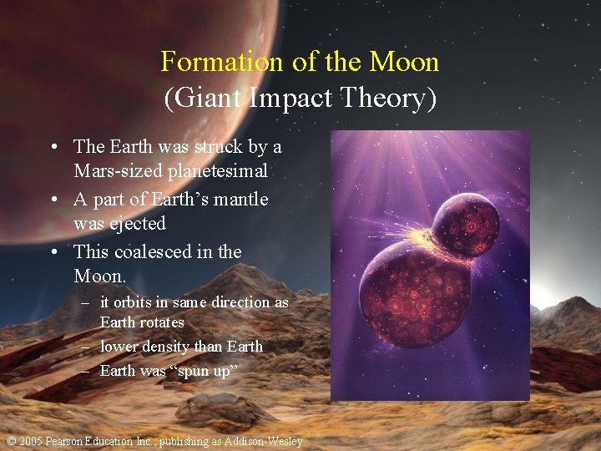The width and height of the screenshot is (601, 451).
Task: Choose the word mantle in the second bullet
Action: click(240, 200)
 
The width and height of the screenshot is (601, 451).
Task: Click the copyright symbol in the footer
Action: click(10, 441)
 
